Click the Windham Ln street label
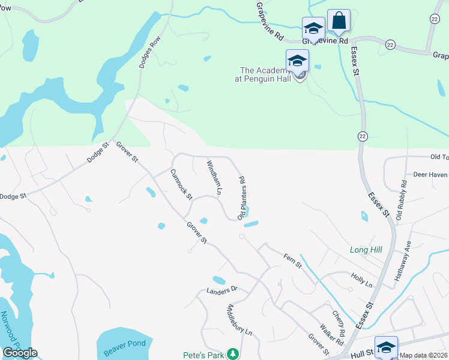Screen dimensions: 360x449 pos(214,178)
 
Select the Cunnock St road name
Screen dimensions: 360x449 pos(181,184)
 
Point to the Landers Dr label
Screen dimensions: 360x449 pos(222,289)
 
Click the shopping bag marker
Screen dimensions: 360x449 pos(339,20)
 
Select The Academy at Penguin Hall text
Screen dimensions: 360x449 pos(266,73)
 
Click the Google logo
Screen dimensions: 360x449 pos(19,353)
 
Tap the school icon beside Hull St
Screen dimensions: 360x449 pos(386,347)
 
